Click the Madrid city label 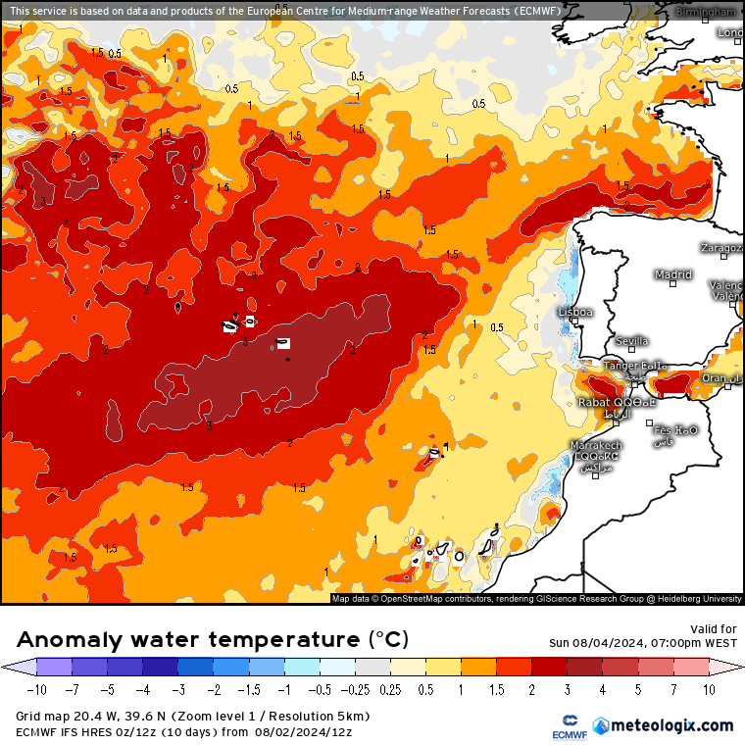point(672,274)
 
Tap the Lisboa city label point(574,312)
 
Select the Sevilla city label point(631,341)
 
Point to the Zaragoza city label point(721,248)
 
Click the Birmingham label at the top point(708,12)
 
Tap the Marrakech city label point(596,446)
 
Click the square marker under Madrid point(673,284)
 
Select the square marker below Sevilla point(632,350)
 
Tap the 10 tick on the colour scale point(708,689)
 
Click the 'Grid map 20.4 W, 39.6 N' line point(118,717)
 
